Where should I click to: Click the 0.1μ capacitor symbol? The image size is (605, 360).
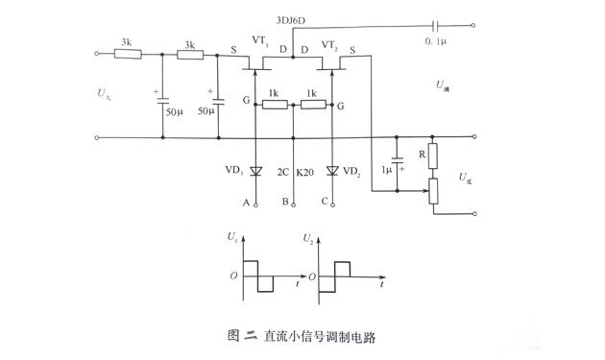pos(437,27)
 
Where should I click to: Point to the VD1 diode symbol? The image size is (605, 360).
pos(255,171)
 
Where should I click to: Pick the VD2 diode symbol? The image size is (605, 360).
pos(332,171)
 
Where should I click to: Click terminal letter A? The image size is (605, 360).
pos(247,204)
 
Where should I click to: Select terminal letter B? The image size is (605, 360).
pos(285,204)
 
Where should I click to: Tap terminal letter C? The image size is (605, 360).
pos(324,204)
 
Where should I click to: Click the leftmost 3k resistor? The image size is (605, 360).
pos(128,55)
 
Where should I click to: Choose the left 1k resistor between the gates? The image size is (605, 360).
pos(274,103)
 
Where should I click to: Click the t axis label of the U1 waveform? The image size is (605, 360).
pos(297,285)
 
